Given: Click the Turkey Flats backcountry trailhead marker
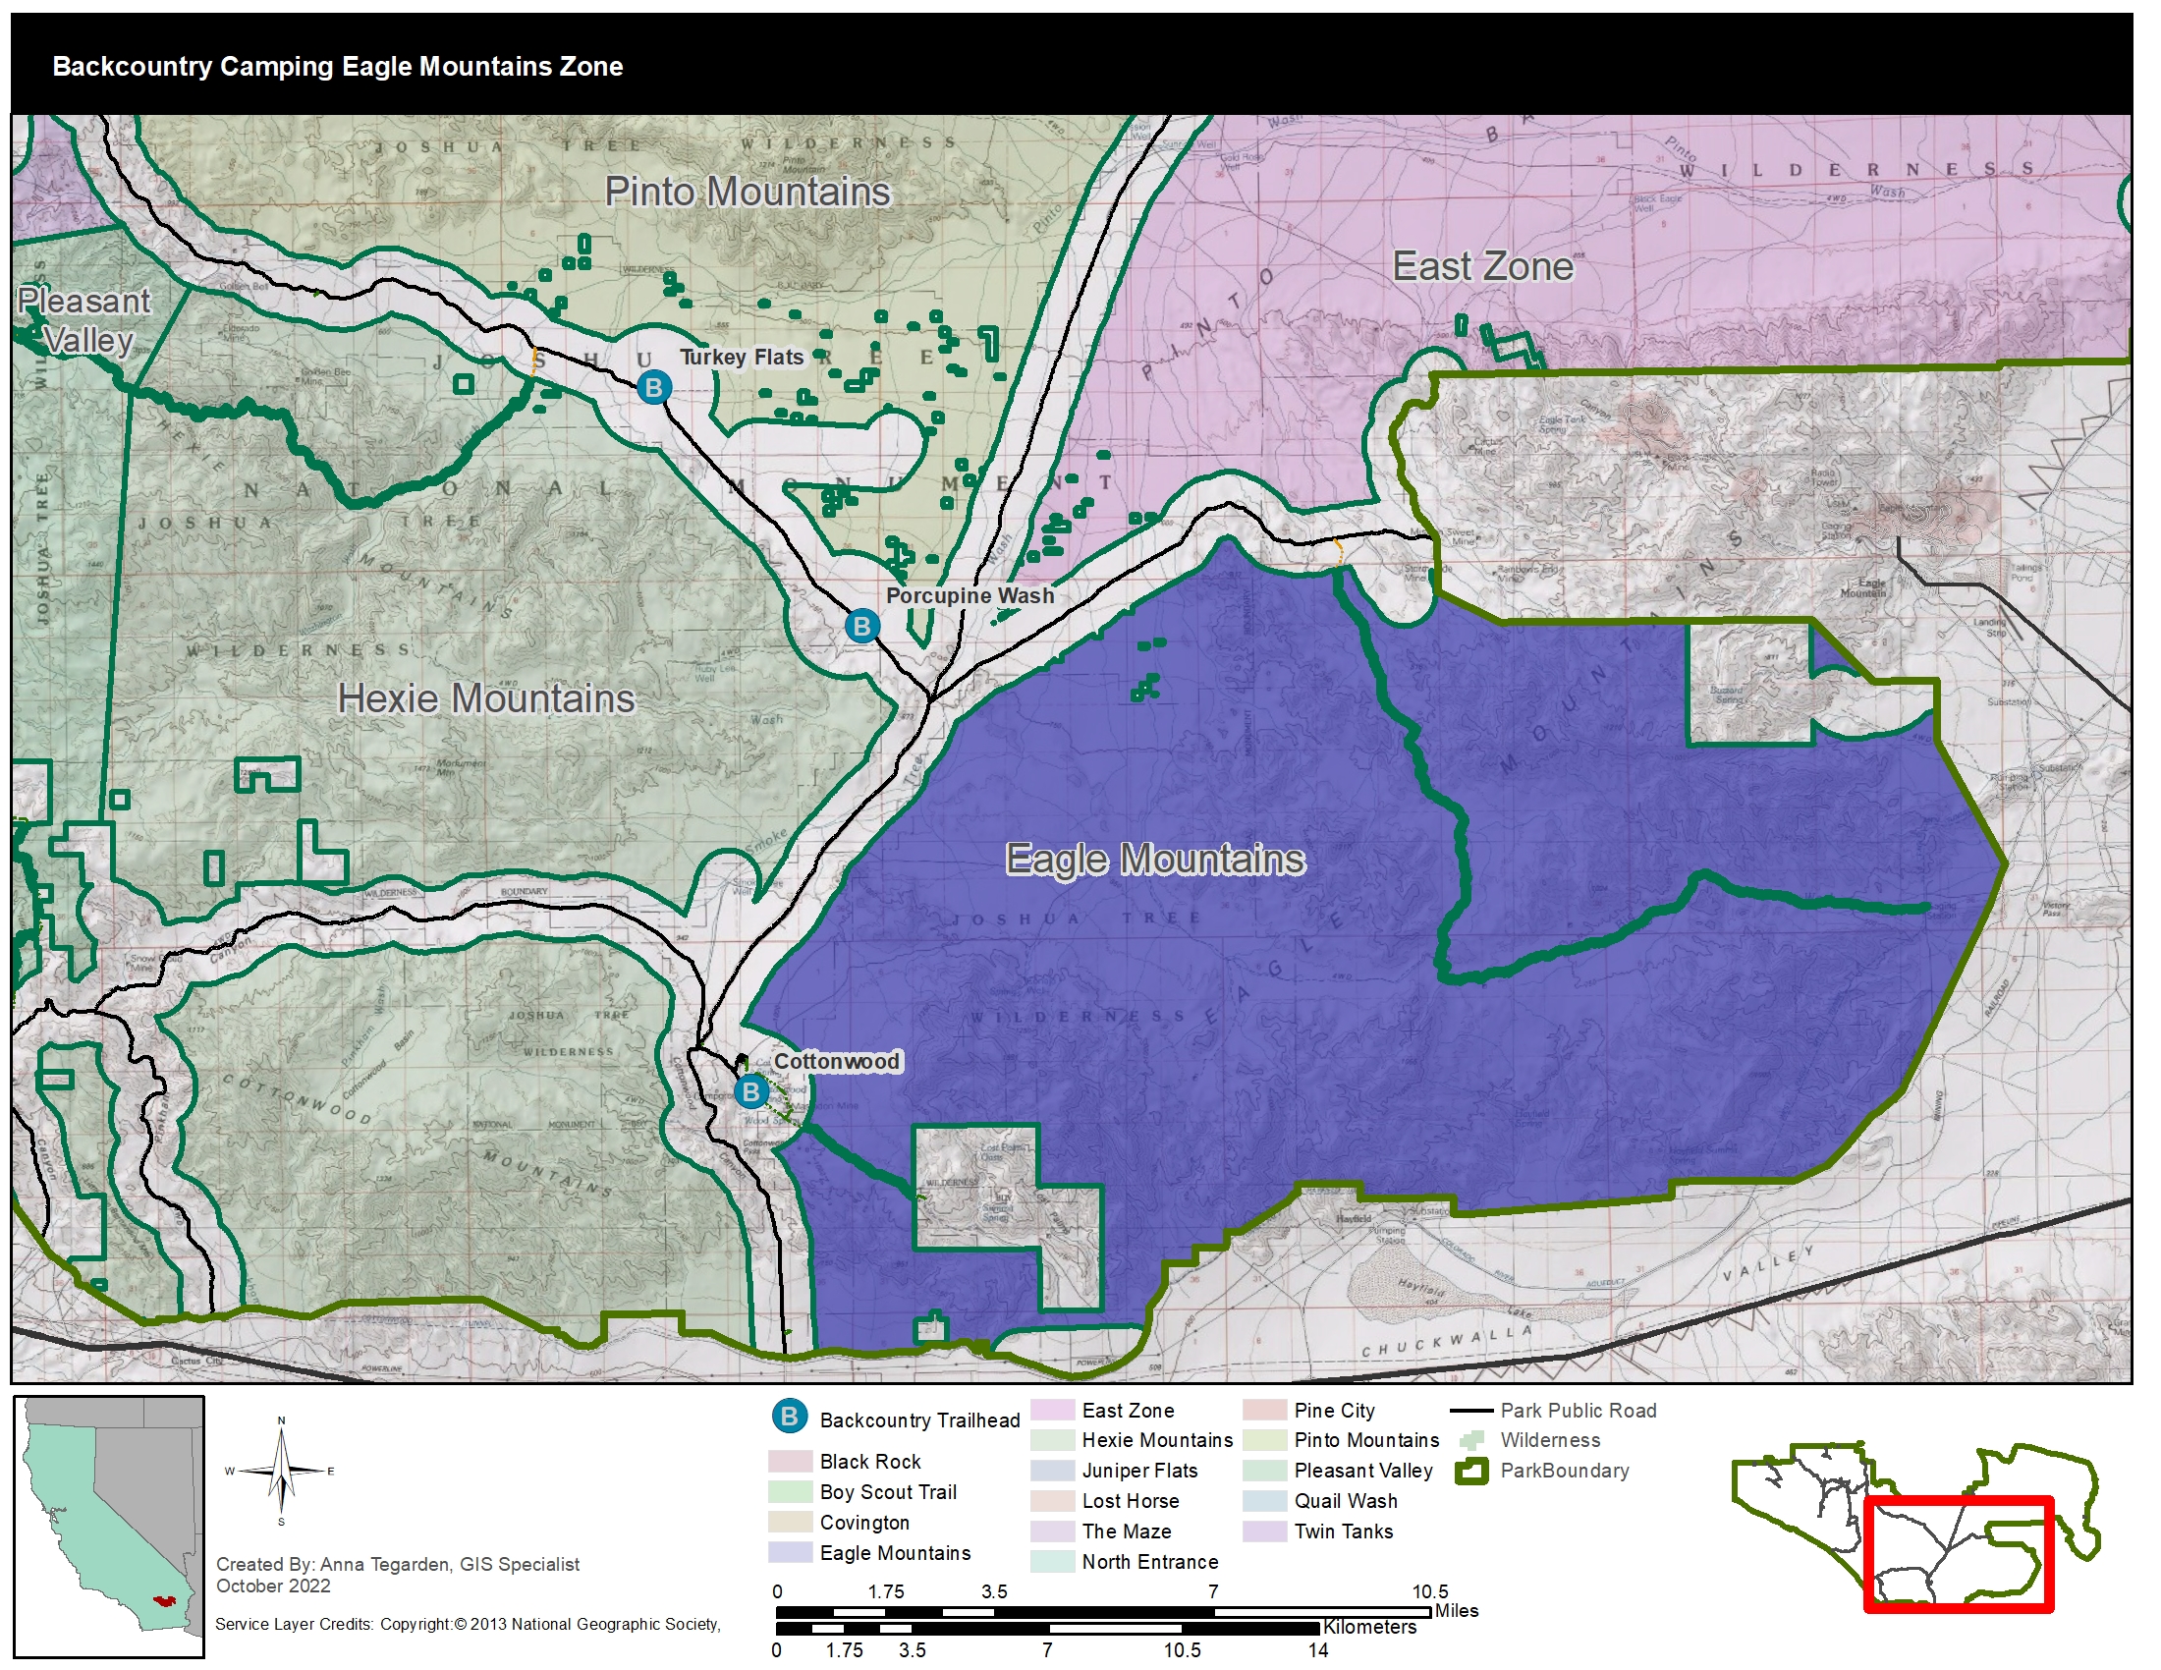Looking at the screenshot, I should click(653, 387).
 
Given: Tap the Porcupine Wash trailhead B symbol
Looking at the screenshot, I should click(861, 627).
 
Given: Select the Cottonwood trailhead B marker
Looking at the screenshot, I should click(751, 1092).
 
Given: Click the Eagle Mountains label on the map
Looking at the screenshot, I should click(1155, 859).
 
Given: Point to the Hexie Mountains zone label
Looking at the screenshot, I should click(486, 698).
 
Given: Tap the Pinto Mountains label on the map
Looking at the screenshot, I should click(748, 192).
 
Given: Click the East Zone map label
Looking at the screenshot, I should click(1482, 266).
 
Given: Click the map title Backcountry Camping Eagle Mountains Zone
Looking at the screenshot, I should click(337, 66).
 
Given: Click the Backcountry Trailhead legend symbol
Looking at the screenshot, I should click(789, 1417).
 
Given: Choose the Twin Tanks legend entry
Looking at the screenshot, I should click(1343, 1531).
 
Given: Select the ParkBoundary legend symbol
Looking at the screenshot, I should click(1471, 1472).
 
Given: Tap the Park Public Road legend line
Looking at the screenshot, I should click(1471, 1411).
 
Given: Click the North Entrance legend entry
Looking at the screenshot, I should click(1149, 1562).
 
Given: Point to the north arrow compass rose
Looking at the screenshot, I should click(281, 1472).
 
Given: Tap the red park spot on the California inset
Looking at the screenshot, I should click(162, 1599).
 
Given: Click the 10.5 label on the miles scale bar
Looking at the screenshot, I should click(1429, 1591).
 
